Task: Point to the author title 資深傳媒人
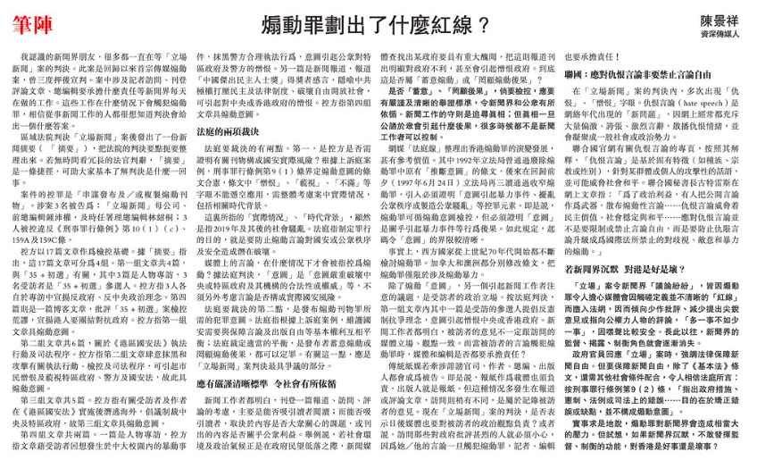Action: click(x=711, y=33)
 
